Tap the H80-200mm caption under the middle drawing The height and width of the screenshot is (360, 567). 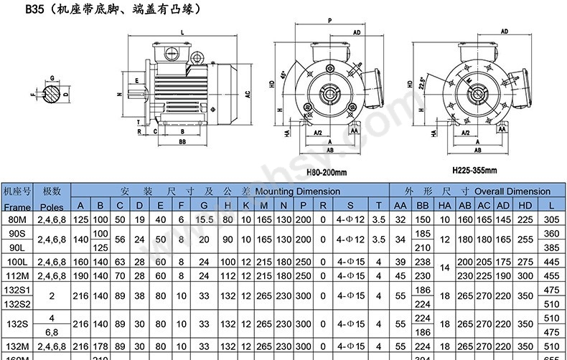coord(327,173)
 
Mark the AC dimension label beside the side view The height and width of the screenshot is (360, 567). coord(247,94)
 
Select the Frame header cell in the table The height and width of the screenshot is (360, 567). coord(17,206)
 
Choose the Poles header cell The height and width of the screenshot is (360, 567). coord(52,206)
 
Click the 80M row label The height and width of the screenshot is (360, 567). coord(17,219)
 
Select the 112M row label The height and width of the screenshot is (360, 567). coord(17,275)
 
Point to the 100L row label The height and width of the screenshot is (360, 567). coord(17,262)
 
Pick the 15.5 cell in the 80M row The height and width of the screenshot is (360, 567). coord(205,219)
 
